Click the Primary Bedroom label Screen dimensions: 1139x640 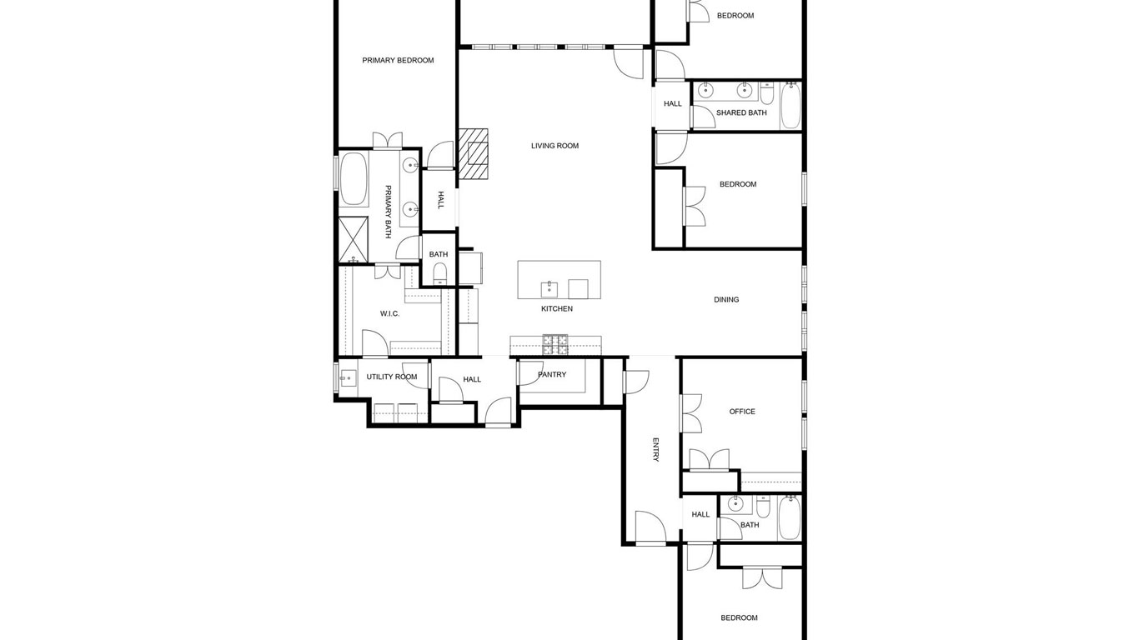click(x=398, y=61)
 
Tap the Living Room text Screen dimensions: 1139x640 click(x=554, y=146)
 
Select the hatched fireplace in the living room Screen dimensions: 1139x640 click(x=473, y=154)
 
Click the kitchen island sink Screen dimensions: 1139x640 click(x=549, y=289)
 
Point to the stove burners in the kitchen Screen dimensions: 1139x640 click(x=555, y=345)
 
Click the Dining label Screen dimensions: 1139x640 click(x=726, y=300)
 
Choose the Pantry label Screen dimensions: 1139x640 click(x=552, y=375)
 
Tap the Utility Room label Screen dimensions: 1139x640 click(x=392, y=377)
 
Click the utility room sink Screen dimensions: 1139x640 click(x=349, y=378)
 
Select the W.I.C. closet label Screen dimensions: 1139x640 click(x=389, y=313)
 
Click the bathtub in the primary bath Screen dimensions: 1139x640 click(x=354, y=179)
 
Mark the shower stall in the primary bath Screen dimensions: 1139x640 click(x=354, y=239)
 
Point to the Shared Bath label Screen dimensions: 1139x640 click(x=741, y=112)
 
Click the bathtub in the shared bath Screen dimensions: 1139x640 click(x=790, y=106)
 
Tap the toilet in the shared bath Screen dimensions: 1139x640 click(x=767, y=95)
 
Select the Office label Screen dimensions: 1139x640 click(x=742, y=412)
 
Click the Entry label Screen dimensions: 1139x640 click(x=655, y=449)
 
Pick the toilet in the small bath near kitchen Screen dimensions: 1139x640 click(x=439, y=274)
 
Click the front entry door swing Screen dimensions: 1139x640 click(x=650, y=527)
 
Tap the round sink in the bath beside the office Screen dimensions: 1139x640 click(x=735, y=504)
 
